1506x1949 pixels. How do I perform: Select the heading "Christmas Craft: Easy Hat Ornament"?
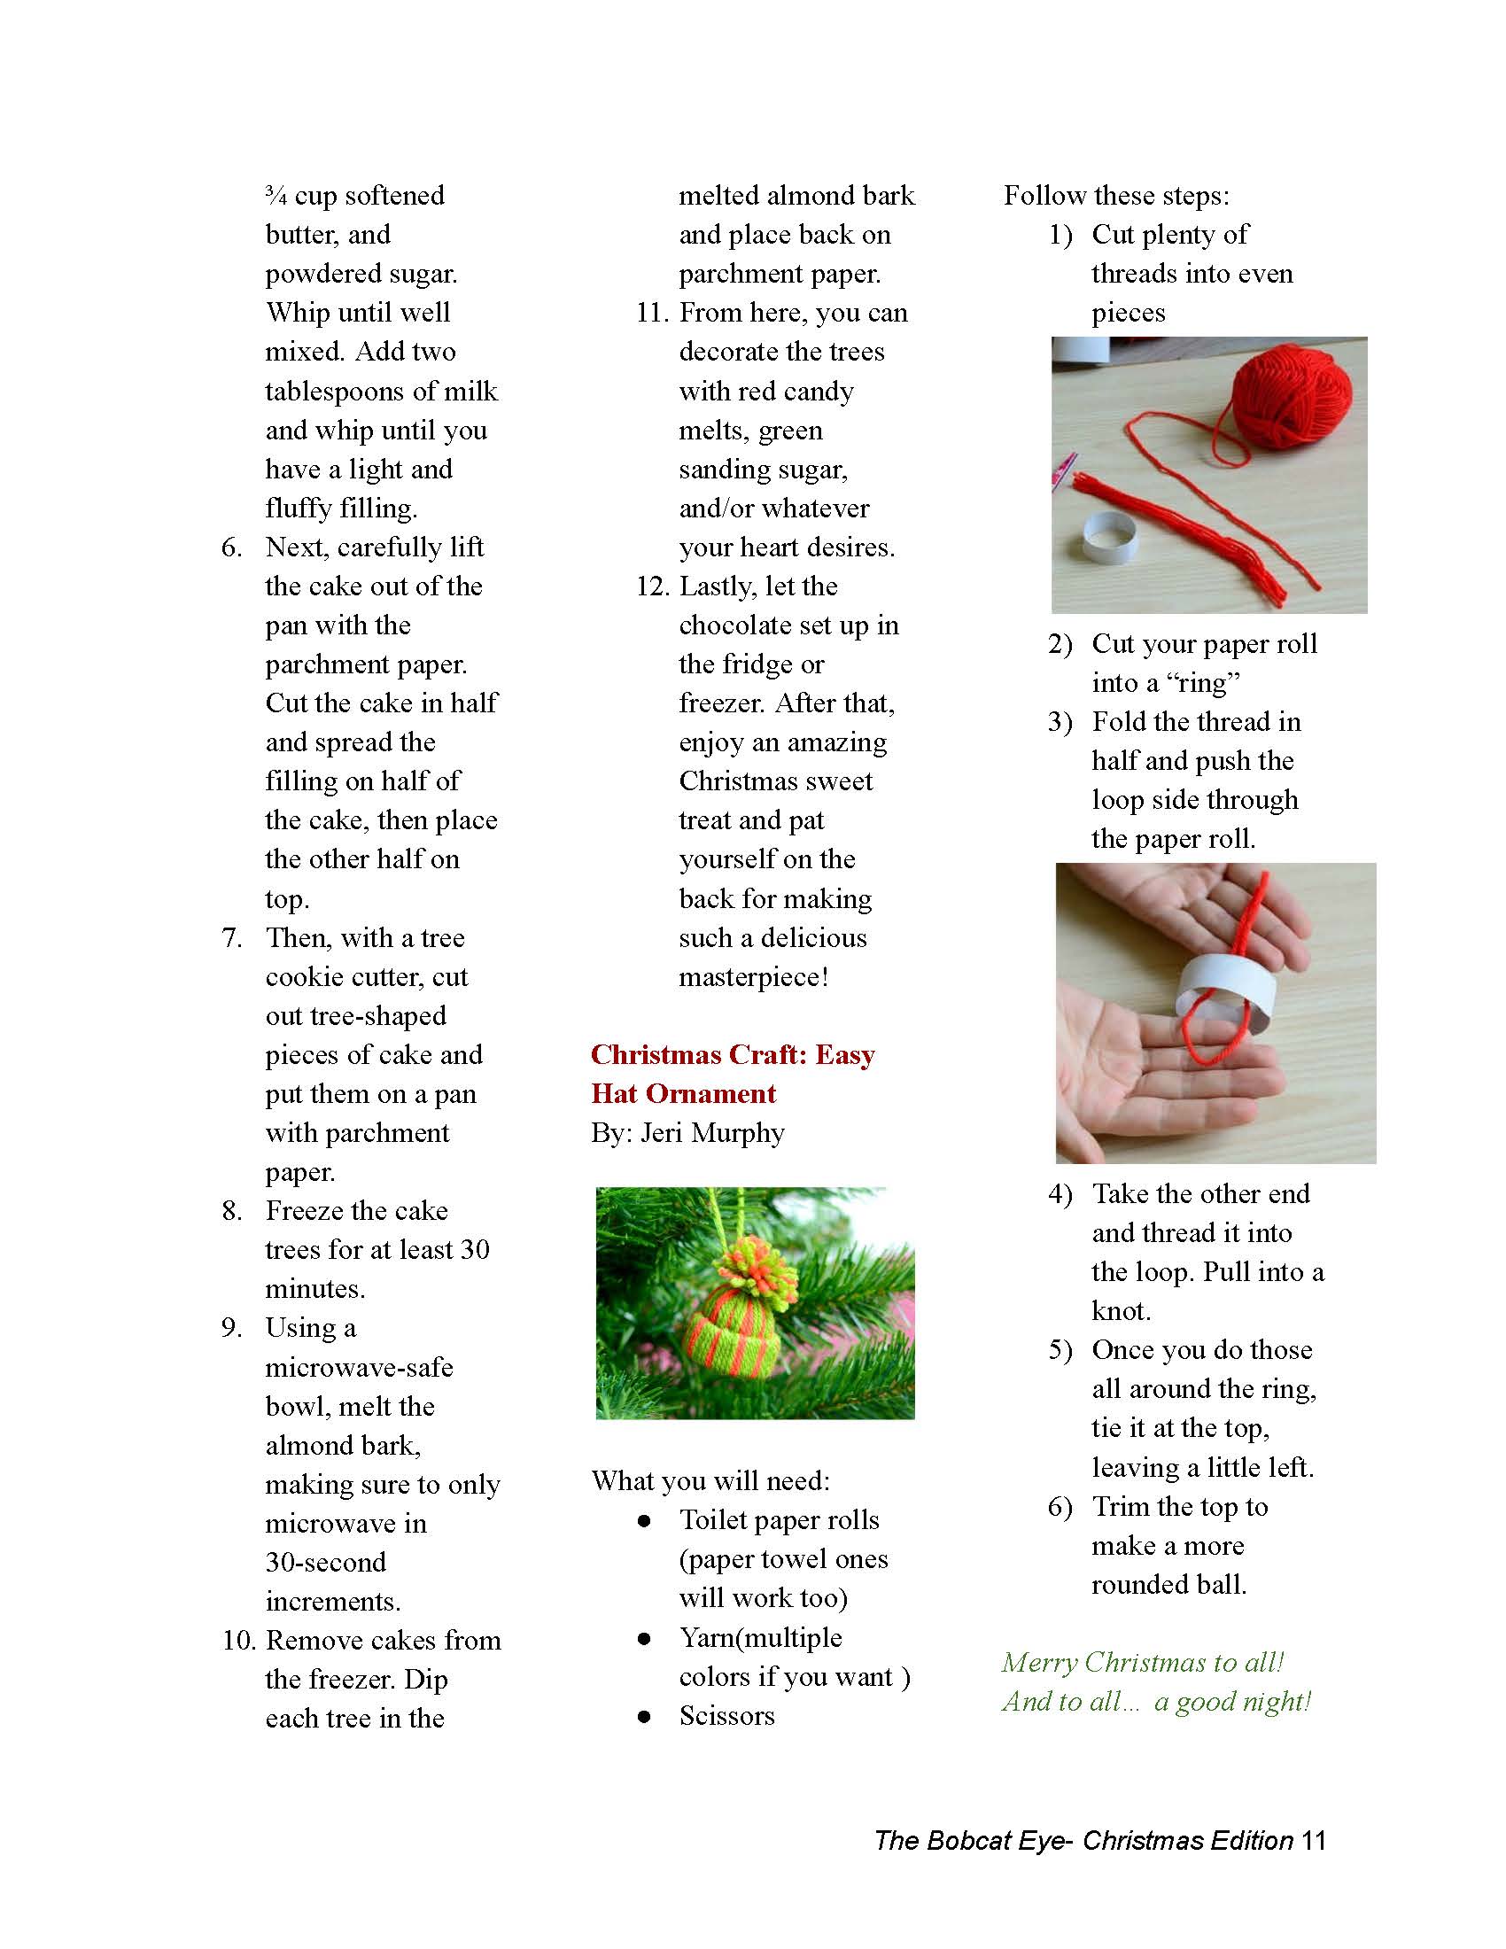tap(732, 1074)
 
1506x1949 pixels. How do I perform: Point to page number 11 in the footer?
tap(1313, 1840)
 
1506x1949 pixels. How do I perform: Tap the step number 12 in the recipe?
tap(652, 586)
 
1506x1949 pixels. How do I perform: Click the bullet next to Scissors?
tap(644, 1716)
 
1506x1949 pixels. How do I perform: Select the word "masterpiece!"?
tap(754, 977)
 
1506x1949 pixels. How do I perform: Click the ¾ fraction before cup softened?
tap(276, 196)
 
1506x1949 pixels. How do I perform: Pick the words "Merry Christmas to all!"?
tap(1143, 1662)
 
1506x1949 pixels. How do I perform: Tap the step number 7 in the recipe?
tap(232, 938)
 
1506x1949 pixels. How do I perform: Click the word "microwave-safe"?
tap(359, 1367)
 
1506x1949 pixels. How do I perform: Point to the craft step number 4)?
tap(1060, 1194)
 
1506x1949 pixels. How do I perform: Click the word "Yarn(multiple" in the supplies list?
tap(760, 1637)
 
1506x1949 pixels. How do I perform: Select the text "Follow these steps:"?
tap(1116, 196)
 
